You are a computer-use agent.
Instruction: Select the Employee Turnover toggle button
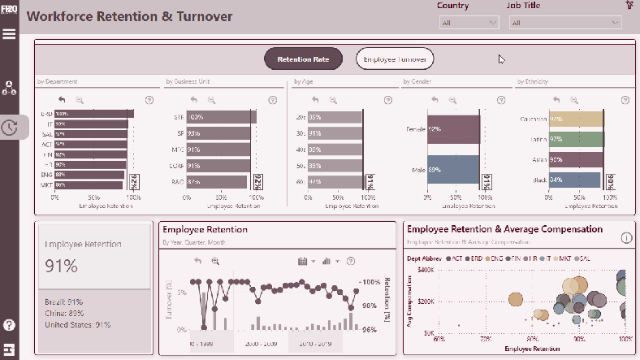(396, 59)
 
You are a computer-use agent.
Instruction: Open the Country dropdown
(469, 23)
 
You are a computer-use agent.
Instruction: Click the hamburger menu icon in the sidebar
(10, 33)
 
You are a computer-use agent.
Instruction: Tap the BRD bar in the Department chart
(93, 114)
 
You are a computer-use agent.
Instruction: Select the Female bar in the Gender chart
(455, 129)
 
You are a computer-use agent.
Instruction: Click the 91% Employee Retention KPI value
(62, 266)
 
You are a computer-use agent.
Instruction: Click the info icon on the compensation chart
(626, 238)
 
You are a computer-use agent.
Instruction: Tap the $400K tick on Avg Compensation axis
(426, 269)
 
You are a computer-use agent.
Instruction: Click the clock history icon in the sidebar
(10, 127)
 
